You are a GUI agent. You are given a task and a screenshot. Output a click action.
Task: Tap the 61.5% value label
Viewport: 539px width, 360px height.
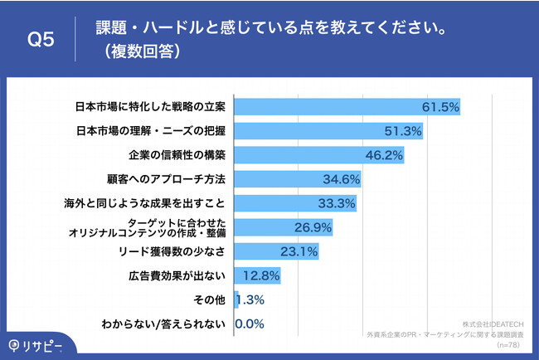click(439, 107)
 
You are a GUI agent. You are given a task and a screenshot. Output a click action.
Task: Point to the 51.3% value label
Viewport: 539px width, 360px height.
click(404, 131)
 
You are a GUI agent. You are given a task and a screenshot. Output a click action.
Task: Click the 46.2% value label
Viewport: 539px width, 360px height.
click(385, 155)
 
